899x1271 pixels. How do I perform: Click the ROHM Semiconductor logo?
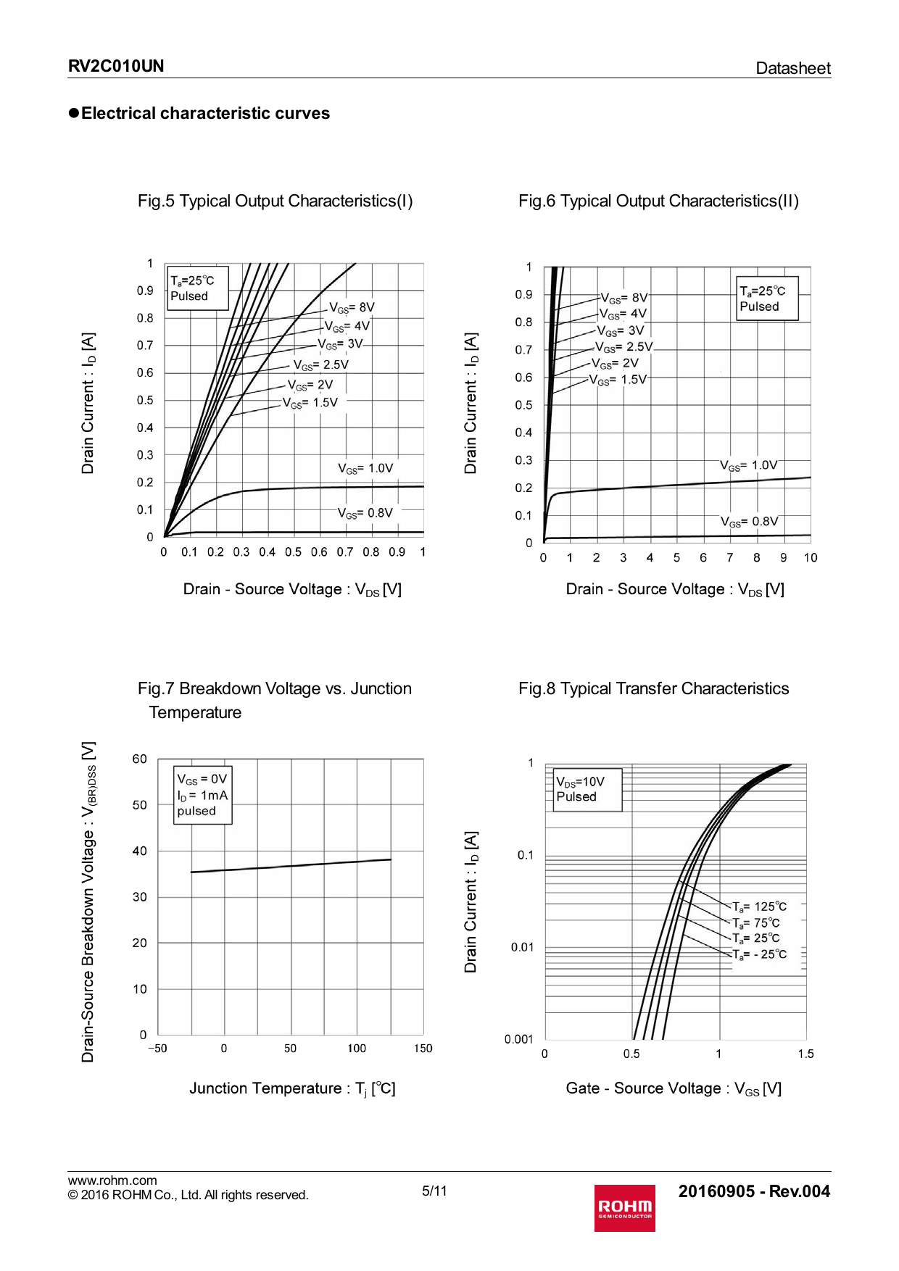pyautogui.click(x=624, y=1207)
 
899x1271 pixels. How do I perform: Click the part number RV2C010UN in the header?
pyautogui.click(x=116, y=66)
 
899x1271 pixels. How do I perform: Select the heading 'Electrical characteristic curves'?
pyautogui.click(x=205, y=113)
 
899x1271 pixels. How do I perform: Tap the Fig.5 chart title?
pyautogui.click(x=275, y=201)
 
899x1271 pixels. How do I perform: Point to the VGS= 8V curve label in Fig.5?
pyautogui.click(x=352, y=307)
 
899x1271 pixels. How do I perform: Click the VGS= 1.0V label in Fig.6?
pyautogui.click(x=748, y=465)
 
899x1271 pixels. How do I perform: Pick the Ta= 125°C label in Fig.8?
pyautogui.click(x=759, y=907)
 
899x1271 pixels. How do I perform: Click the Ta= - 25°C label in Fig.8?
pyautogui.click(x=759, y=954)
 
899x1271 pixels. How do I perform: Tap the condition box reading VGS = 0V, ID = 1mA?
pyautogui.click(x=202, y=795)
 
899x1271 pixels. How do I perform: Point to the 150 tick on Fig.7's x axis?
pyautogui.click(x=423, y=1049)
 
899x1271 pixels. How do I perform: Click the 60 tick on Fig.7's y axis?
pyautogui.click(x=139, y=759)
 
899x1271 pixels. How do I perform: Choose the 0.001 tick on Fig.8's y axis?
pyautogui.click(x=518, y=1039)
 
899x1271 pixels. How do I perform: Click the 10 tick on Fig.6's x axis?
pyautogui.click(x=810, y=557)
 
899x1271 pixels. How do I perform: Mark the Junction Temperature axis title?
pyautogui.click(x=292, y=1088)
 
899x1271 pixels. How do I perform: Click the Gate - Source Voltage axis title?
pyautogui.click(x=674, y=1088)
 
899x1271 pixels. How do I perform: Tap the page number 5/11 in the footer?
pyautogui.click(x=434, y=1191)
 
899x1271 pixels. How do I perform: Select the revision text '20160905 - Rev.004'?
pyautogui.click(x=753, y=1191)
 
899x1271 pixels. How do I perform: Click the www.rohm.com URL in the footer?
pyautogui.click(x=112, y=1180)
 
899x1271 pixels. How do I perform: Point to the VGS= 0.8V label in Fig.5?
pyautogui.click(x=365, y=513)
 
